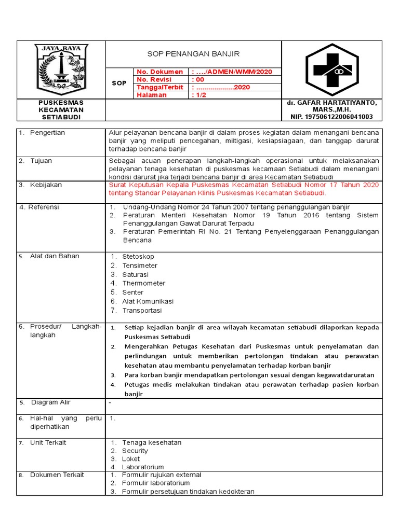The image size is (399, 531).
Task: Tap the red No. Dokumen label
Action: click(160, 72)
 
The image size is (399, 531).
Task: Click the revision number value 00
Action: click(198, 79)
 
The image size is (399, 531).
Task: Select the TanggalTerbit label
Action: click(159, 87)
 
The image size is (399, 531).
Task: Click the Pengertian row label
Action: click(47, 133)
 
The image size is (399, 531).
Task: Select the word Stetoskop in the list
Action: click(138, 257)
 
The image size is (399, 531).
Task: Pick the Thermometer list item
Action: click(144, 283)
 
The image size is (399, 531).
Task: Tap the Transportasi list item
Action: click(142, 311)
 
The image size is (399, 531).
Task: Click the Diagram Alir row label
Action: click(50, 402)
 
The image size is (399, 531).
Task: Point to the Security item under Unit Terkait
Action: click(135, 451)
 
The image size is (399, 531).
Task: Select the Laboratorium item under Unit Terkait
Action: click(143, 467)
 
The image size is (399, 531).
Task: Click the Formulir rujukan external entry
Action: click(162, 475)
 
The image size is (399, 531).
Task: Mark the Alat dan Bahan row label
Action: click(55, 256)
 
